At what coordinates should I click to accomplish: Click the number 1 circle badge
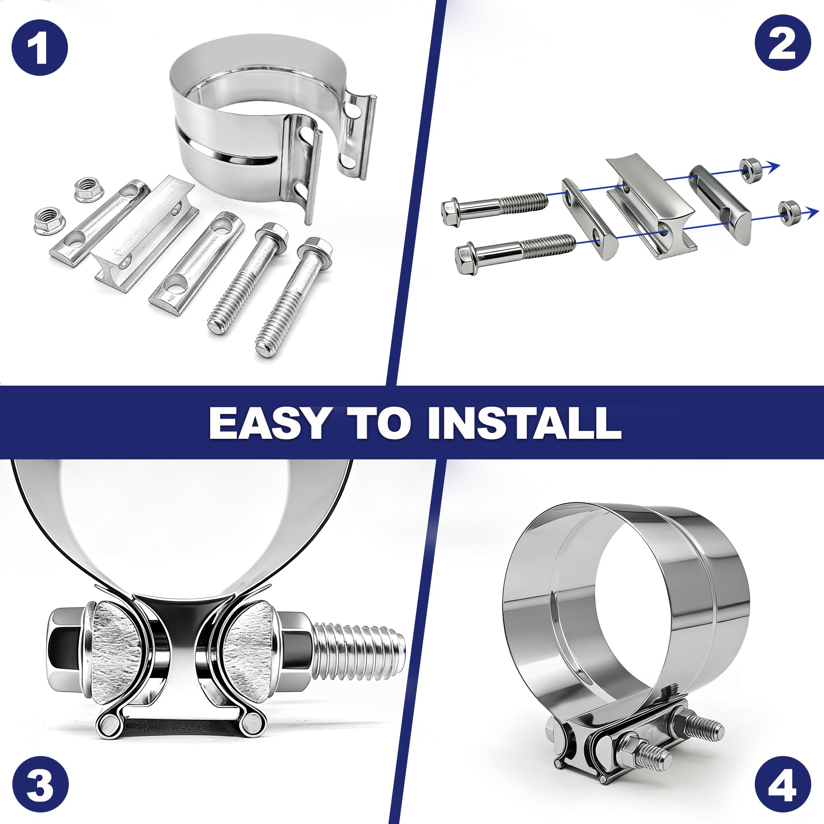[x=40, y=48]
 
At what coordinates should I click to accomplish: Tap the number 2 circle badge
[x=783, y=43]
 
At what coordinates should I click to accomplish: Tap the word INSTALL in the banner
[x=524, y=423]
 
